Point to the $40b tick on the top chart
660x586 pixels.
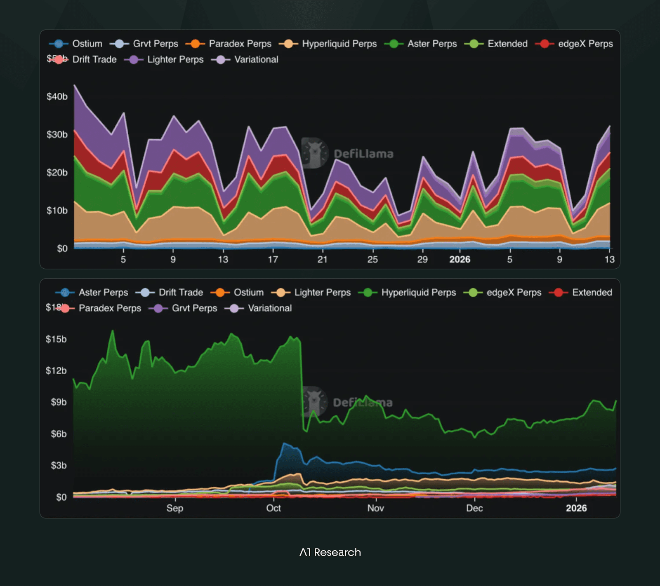coord(57,96)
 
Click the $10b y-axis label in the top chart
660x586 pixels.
coord(57,211)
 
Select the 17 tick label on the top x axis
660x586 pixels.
coord(273,259)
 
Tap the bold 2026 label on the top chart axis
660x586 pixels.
coord(460,259)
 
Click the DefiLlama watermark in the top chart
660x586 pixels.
coord(349,153)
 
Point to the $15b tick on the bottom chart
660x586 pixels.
coord(56,339)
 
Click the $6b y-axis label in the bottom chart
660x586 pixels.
coord(59,434)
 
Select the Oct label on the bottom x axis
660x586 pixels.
coord(273,508)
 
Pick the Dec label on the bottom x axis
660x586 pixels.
coord(474,508)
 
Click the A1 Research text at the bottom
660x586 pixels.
coord(330,552)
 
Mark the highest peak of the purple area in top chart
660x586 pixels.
coord(75,86)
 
